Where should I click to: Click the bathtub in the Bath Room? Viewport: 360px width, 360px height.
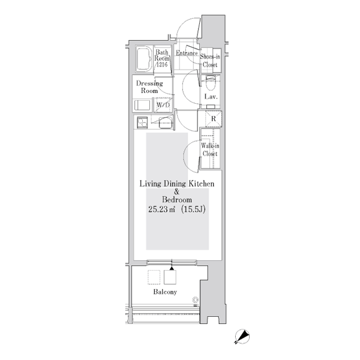pos(144,59)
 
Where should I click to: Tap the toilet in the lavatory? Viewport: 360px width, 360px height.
pos(211,83)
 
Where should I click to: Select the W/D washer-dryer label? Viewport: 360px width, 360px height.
pos(163,105)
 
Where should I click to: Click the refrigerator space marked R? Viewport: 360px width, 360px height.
pos(214,118)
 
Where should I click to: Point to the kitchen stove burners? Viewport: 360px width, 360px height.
pos(142,122)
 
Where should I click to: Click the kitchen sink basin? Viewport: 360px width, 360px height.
pos(165,123)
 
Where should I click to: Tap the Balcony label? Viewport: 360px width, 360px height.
pos(165,292)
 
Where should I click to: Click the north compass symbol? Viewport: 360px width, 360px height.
pos(242,337)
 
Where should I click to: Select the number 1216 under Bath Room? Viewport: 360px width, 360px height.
pos(162,65)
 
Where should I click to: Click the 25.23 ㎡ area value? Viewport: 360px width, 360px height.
pos(161,209)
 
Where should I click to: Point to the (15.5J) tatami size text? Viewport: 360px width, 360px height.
pos(193,209)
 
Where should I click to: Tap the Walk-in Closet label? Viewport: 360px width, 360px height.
pos(210,149)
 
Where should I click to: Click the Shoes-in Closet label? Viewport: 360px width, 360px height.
pos(210,61)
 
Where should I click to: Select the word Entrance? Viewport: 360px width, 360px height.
pos(187,53)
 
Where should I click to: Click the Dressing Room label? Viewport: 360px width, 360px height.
pos(149,87)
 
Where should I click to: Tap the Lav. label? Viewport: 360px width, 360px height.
pos(211,97)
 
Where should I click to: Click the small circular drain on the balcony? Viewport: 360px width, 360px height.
pos(196,299)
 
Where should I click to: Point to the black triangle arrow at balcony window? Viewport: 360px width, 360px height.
pos(172,268)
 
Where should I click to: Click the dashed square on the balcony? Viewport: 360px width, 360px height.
pos(154,277)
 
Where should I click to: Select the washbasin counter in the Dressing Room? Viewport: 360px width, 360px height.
pos(142,105)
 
